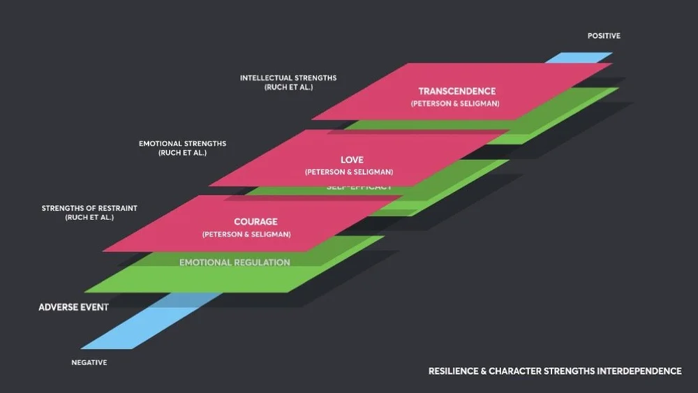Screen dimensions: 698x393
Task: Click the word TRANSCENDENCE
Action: pos(456,91)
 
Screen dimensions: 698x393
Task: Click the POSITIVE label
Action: pos(604,36)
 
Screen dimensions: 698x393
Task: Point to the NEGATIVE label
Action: pos(89,362)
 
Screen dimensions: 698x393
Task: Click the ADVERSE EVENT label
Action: pos(73,307)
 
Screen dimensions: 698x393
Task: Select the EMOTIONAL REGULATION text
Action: pos(235,262)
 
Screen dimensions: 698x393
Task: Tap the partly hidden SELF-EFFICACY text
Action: pos(359,188)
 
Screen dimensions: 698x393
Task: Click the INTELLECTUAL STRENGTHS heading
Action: pos(288,77)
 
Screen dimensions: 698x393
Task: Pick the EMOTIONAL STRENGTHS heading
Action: pos(182,144)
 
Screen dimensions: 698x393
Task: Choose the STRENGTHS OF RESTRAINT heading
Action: pos(89,208)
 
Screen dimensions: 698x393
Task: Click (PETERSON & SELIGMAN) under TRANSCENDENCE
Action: pos(455,104)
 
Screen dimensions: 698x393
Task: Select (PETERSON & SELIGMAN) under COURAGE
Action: pos(246,234)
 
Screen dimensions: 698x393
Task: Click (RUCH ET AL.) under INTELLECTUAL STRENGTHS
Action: pos(288,87)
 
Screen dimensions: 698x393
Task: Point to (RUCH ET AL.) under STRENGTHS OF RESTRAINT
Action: pos(89,218)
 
